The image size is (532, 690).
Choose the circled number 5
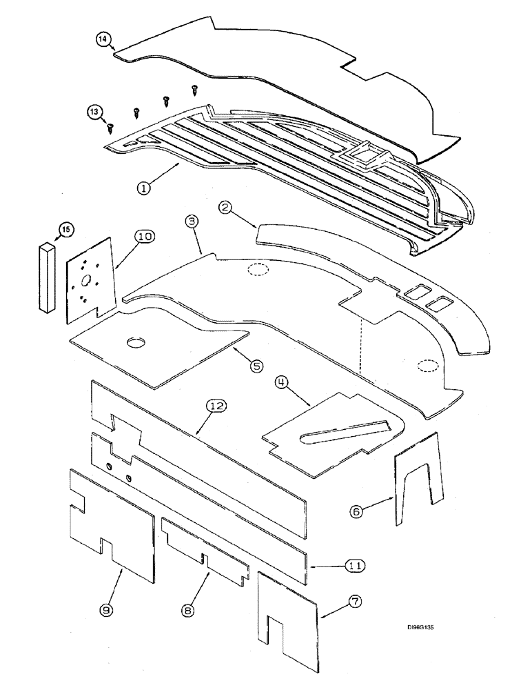256,366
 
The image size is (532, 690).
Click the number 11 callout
354,566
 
